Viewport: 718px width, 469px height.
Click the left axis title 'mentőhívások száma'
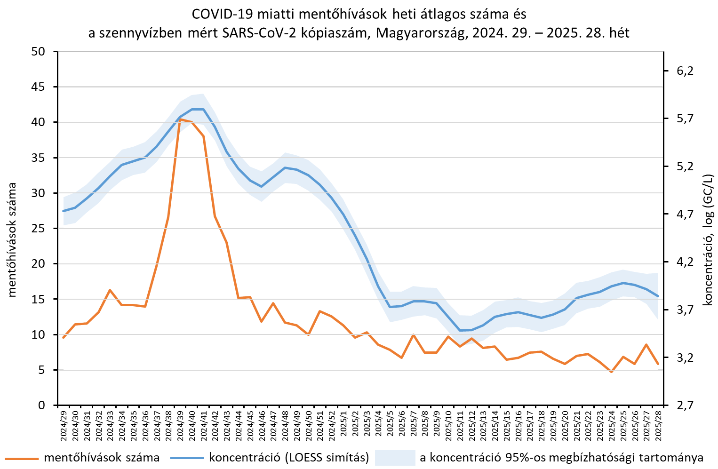tap(12, 240)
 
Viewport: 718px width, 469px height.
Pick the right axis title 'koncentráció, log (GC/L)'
tap(708, 240)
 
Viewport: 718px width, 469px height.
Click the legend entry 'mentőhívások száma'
tap(102, 458)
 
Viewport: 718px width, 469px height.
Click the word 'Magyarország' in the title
tap(419, 33)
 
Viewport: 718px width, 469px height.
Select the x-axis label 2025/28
tap(658, 425)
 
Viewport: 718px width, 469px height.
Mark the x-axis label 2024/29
tap(64, 425)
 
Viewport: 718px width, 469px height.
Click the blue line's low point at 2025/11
tap(460, 330)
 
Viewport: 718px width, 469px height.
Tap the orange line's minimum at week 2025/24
tap(612, 372)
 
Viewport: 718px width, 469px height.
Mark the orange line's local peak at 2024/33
tap(110, 290)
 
